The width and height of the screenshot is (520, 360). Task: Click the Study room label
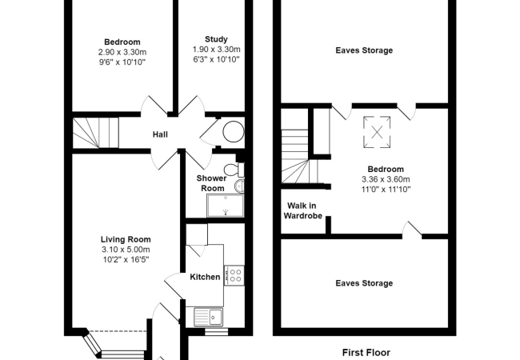click(216, 39)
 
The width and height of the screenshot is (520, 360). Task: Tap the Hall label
click(160, 134)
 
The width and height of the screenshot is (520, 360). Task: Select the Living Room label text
click(126, 239)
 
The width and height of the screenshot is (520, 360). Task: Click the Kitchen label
click(205, 277)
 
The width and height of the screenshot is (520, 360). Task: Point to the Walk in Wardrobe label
click(302, 211)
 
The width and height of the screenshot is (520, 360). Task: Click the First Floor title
click(366, 352)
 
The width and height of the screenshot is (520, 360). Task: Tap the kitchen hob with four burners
click(234, 275)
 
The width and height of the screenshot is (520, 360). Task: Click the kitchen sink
click(208, 318)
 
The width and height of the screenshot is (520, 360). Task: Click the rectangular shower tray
click(226, 206)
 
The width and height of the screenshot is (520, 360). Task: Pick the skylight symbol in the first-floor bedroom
click(377, 132)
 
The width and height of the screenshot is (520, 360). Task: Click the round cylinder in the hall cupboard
click(234, 132)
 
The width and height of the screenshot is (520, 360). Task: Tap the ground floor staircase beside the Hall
click(95, 133)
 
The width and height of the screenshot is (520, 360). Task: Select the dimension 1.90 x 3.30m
click(217, 50)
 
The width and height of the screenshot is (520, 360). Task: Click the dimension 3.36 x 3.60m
click(386, 179)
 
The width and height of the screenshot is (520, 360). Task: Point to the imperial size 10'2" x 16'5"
click(126, 259)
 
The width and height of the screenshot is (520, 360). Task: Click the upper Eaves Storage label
click(364, 50)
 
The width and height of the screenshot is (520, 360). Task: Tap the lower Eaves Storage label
click(364, 283)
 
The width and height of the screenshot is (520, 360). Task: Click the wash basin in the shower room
click(239, 186)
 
